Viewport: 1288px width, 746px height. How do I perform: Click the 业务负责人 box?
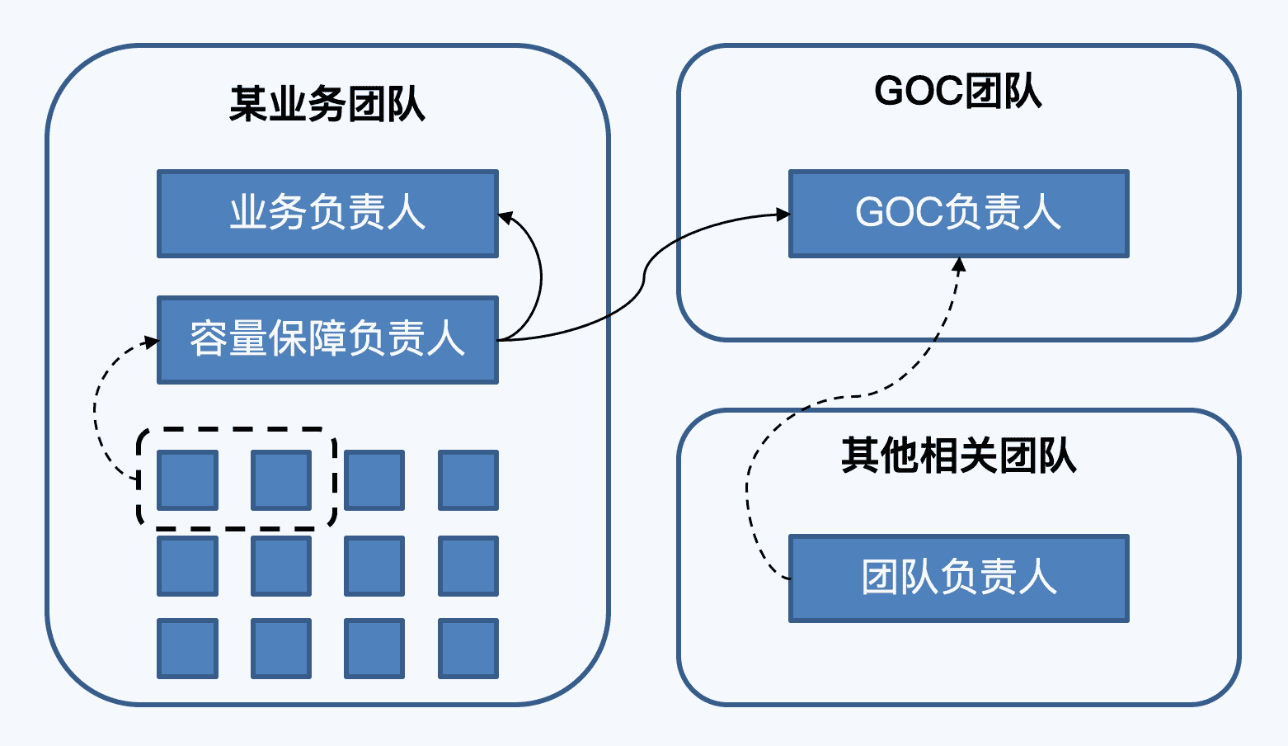pos(327,214)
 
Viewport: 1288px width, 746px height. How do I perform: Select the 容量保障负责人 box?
pos(327,340)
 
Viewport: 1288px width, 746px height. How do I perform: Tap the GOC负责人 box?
pos(958,214)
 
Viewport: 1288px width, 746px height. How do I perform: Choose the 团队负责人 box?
pos(958,578)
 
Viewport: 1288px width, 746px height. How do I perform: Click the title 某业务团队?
pos(327,105)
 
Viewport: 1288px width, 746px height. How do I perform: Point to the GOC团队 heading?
pos(958,91)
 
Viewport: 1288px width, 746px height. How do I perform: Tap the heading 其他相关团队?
pos(958,456)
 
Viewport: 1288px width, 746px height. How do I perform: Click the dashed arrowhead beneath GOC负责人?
pos(958,265)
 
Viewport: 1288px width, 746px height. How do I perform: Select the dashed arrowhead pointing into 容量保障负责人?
pos(151,341)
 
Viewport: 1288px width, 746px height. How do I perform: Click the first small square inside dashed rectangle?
pos(188,479)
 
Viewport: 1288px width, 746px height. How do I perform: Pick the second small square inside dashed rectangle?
pos(281,479)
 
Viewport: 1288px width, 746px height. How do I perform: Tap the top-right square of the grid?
pos(468,479)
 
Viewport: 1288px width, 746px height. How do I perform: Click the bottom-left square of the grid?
pos(188,649)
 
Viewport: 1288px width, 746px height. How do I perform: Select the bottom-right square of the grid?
pos(468,649)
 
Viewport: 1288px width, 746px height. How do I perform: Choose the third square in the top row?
pos(374,479)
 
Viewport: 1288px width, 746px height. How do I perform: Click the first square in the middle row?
pos(188,565)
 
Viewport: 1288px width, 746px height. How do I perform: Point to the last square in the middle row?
pos(468,565)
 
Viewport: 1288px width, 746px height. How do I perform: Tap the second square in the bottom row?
pos(281,649)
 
